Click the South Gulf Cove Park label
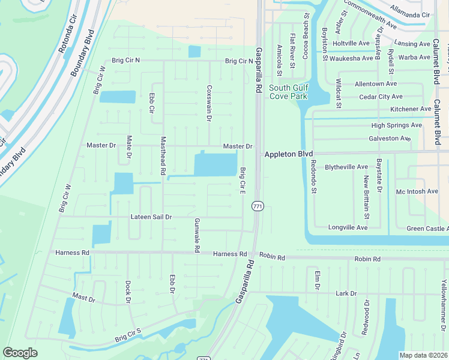[x=288, y=92]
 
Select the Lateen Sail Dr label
[x=152, y=217]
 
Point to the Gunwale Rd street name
[x=196, y=235]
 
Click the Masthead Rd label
[x=163, y=155]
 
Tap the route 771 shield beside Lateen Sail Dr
[x=258, y=206]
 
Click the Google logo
[x=20, y=353]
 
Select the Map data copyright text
[x=423, y=355]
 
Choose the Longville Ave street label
[x=348, y=227]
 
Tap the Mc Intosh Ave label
[x=417, y=191]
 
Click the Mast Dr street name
[x=83, y=296]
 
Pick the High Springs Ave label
[x=396, y=125]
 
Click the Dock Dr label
[x=128, y=291]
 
